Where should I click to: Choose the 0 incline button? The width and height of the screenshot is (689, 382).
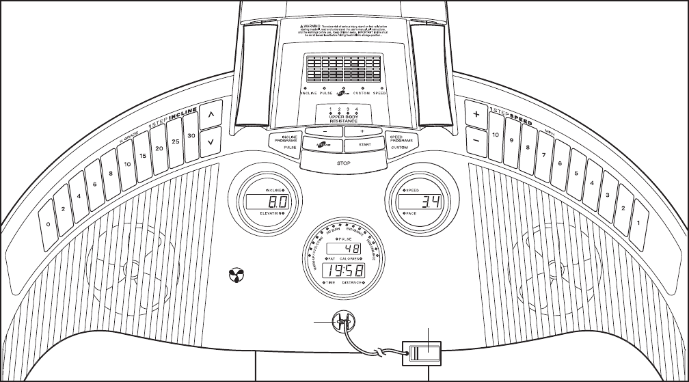[x=48, y=223]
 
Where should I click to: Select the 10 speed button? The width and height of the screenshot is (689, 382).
[x=494, y=135]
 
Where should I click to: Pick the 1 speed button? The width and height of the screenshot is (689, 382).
[x=638, y=222]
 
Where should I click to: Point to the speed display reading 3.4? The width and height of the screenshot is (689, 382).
[x=421, y=202]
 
